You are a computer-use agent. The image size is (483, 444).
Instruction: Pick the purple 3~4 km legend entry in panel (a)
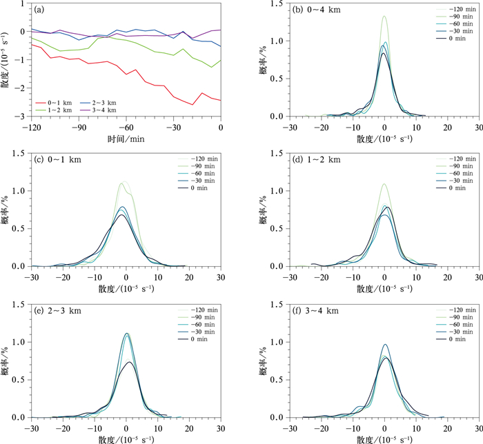pyautogui.click(x=101, y=110)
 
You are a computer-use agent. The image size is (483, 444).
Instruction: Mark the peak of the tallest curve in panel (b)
pyautogui.click(x=384, y=17)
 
